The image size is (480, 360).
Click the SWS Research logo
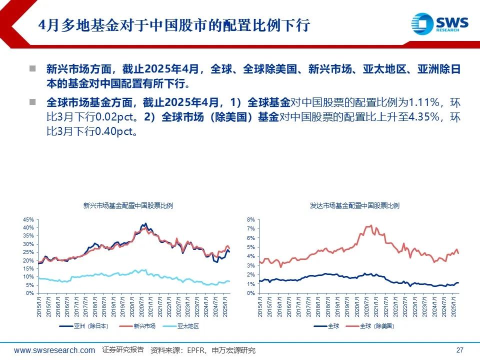pyautogui.click(x=440, y=23)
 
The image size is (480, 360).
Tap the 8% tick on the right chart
pyautogui.click(x=251, y=219)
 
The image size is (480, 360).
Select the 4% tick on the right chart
pyautogui.click(x=251, y=256)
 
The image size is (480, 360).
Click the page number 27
pyautogui.click(x=460, y=350)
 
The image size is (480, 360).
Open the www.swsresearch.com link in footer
pyautogui.click(x=54, y=350)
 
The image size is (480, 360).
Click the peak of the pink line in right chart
pyautogui.click(x=370, y=225)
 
